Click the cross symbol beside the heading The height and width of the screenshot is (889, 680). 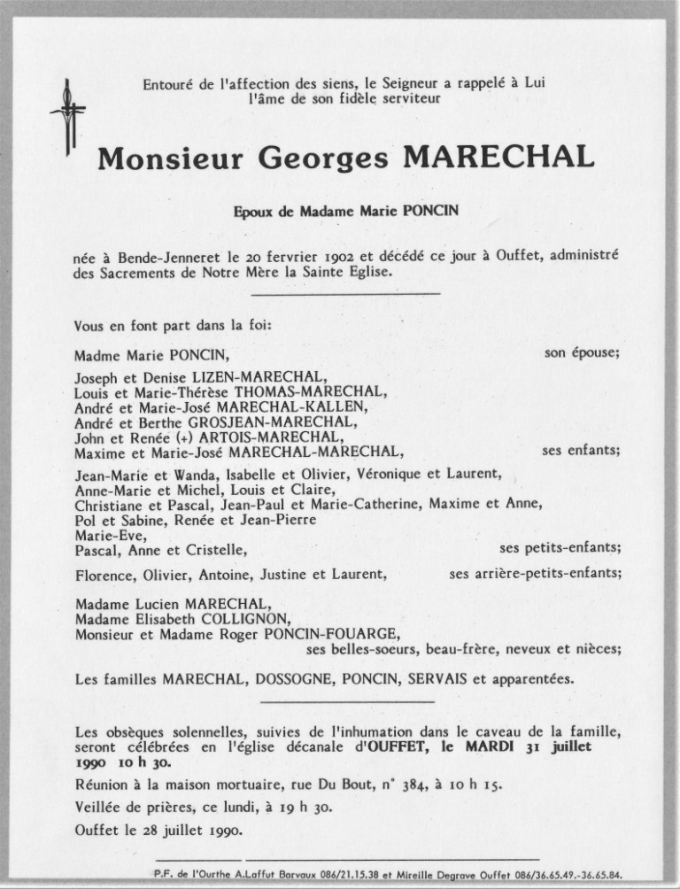[68, 115]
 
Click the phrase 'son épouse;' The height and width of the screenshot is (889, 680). [582, 352]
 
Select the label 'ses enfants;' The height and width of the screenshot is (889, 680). [581, 450]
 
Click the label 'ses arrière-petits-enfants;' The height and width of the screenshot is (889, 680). [535, 573]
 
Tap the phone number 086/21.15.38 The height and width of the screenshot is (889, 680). [340, 873]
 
